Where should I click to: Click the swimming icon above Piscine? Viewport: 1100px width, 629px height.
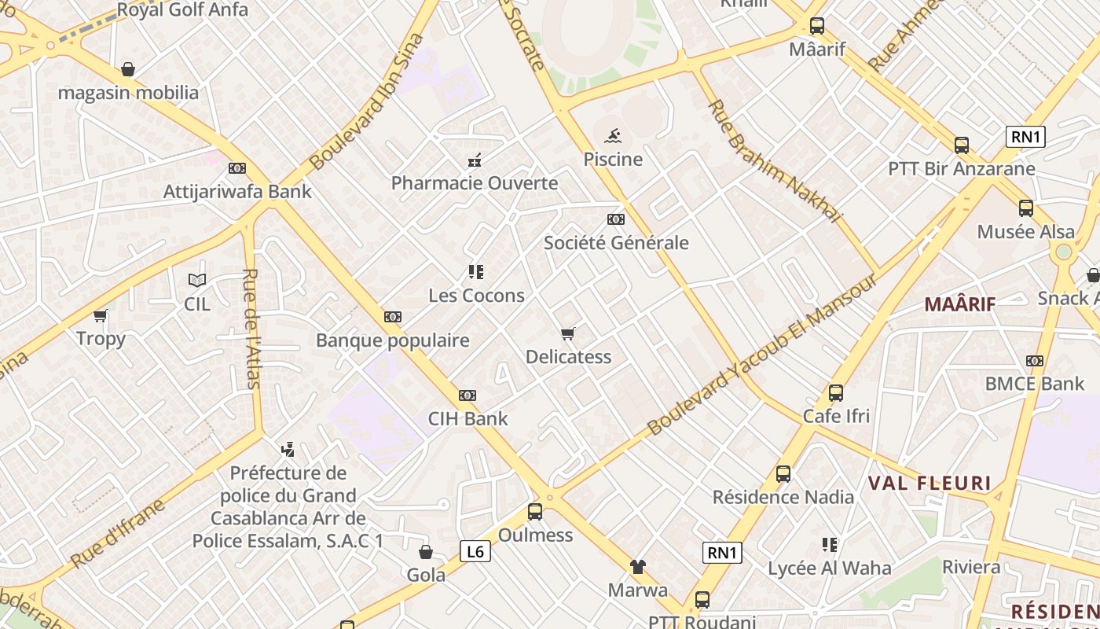pyautogui.click(x=613, y=135)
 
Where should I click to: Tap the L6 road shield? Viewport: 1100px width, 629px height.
pyautogui.click(x=475, y=551)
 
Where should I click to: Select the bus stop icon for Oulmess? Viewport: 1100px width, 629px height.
pyautogui.click(x=535, y=512)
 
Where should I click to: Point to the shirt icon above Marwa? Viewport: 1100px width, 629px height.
pyautogui.click(x=637, y=566)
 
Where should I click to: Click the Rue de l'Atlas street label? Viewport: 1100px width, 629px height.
pyautogui.click(x=251, y=329)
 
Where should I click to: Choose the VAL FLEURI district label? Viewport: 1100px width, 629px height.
pyautogui.click(x=929, y=483)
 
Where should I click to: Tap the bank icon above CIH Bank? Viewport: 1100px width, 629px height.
pyautogui.click(x=467, y=395)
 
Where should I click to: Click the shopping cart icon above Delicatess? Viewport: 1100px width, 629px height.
pyautogui.click(x=568, y=333)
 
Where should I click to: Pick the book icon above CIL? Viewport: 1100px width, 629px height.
pyautogui.click(x=196, y=280)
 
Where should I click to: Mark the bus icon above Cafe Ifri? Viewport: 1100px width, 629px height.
pyautogui.click(x=836, y=392)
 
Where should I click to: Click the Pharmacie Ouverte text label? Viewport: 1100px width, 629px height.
pyautogui.click(x=475, y=183)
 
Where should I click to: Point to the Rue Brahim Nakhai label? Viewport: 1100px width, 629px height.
pyautogui.click(x=774, y=161)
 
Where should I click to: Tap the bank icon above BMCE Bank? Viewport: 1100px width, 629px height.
pyautogui.click(x=1035, y=361)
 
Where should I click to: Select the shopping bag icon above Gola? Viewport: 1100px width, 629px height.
pyautogui.click(x=425, y=552)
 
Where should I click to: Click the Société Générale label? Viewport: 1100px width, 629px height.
pyautogui.click(x=616, y=243)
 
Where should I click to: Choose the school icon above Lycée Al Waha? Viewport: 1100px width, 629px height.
pyautogui.click(x=829, y=544)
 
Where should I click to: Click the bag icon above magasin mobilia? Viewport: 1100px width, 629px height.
pyautogui.click(x=128, y=69)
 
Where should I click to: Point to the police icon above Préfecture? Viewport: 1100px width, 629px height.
pyautogui.click(x=288, y=450)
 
